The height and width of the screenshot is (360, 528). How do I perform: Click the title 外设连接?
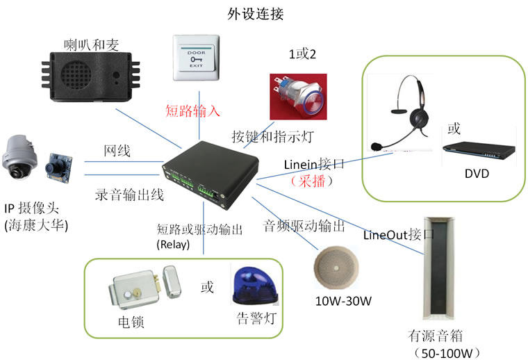pyautogui.click(x=256, y=13)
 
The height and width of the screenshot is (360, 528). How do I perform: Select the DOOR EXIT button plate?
pyautogui.click(x=197, y=60)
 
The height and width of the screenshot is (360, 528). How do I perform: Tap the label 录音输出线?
pyautogui.click(x=129, y=195)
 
